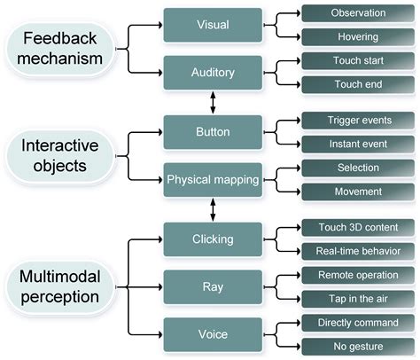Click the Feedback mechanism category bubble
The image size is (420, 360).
pos(62,49)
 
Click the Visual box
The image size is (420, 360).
pos(213,26)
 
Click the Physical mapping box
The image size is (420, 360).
pos(213,181)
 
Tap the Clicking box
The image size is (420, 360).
pos(213,239)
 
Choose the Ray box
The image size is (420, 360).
pos(213,287)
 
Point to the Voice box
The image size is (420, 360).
pos(213,335)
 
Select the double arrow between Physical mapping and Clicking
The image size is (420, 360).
pos(213,210)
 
